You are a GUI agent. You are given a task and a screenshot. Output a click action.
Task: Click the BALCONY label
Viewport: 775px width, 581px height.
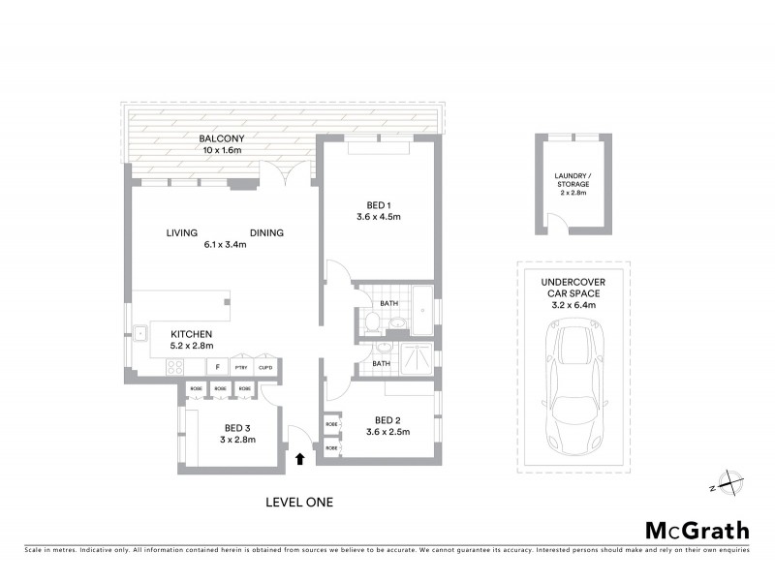[216, 138]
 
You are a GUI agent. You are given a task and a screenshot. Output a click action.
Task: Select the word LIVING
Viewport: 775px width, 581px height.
[181, 232]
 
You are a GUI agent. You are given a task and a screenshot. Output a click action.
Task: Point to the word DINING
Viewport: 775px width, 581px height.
[267, 232]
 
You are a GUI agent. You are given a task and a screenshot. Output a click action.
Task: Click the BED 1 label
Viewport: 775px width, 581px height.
[379, 204]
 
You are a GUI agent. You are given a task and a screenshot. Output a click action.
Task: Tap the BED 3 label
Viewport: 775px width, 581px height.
[238, 428]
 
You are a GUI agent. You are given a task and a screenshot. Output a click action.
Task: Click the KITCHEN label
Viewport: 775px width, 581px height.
[192, 333]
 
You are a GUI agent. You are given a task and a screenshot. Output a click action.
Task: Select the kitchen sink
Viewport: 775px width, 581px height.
[139, 333]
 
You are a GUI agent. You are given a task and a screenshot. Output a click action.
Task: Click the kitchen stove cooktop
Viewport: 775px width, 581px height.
[177, 367]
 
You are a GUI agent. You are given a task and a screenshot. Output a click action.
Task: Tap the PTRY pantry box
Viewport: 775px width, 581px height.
[241, 368]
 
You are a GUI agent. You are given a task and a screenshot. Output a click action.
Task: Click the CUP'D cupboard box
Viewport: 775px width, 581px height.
[265, 368]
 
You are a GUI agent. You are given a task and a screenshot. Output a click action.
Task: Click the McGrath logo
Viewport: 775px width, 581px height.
[697, 530]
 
